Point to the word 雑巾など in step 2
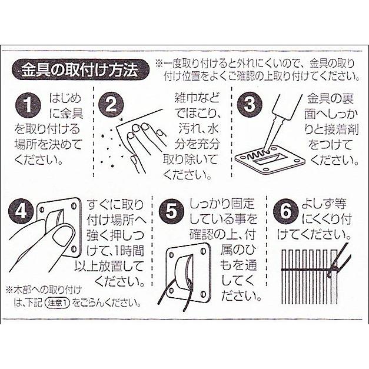coord(197,97)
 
